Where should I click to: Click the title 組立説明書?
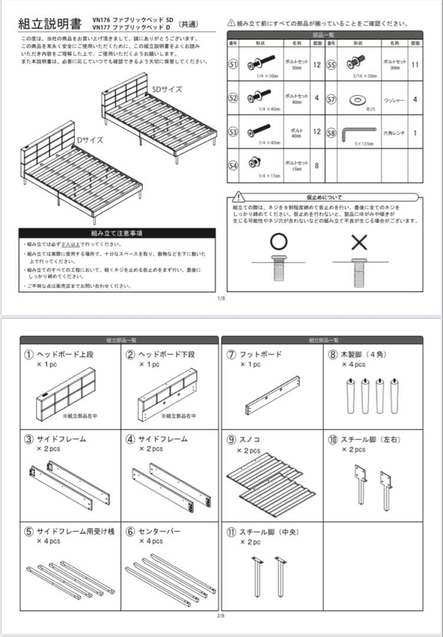click(50, 24)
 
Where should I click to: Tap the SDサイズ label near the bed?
click(167, 89)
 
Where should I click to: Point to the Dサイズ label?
click(89, 140)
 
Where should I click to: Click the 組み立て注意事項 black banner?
click(116, 233)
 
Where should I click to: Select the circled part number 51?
click(233, 64)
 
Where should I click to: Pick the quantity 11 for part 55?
click(415, 64)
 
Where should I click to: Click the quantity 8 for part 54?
click(317, 166)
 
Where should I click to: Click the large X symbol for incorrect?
click(359, 242)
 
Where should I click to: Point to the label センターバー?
click(159, 531)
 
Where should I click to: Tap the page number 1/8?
click(221, 298)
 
